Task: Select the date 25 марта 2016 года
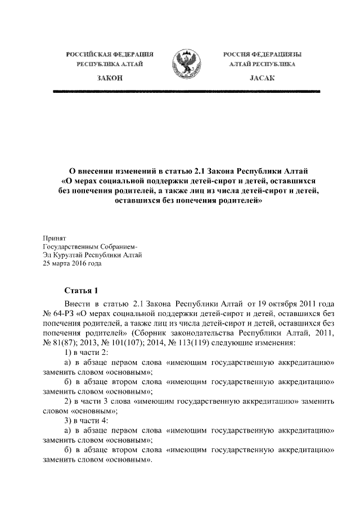(x=72, y=262)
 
